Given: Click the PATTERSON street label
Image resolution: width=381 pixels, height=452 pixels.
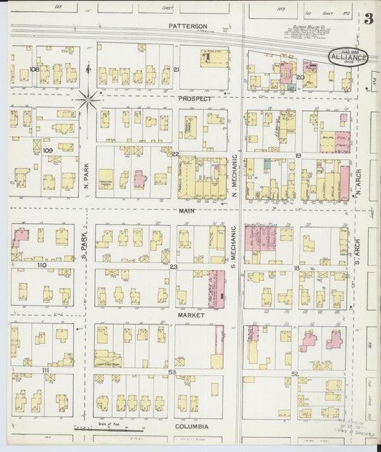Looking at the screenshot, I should pyautogui.click(x=188, y=26).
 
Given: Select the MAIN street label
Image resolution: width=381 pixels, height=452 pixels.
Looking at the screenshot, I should pyautogui.click(x=187, y=211).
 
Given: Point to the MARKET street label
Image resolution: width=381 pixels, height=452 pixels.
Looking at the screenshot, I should pyautogui.click(x=191, y=314).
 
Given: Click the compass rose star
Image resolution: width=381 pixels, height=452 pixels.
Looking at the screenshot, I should pyautogui.click(x=89, y=100).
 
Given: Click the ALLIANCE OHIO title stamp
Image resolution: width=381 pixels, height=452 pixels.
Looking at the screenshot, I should pyautogui.click(x=349, y=57).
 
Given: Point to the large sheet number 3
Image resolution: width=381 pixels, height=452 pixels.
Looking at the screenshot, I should pyautogui.click(x=368, y=19).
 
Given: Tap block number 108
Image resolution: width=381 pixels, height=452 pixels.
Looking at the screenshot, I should pyautogui.click(x=34, y=69).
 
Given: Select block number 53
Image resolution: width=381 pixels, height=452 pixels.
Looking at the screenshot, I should pyautogui.click(x=172, y=372).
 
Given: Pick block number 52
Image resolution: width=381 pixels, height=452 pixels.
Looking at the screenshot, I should pyautogui.click(x=295, y=374).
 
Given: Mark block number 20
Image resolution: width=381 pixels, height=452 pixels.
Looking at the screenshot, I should pyautogui.click(x=300, y=76).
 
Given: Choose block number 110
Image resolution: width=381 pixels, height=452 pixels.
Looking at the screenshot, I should pyautogui.click(x=42, y=265).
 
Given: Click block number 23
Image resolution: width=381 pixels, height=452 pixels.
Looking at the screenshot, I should pyautogui.click(x=174, y=266).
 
